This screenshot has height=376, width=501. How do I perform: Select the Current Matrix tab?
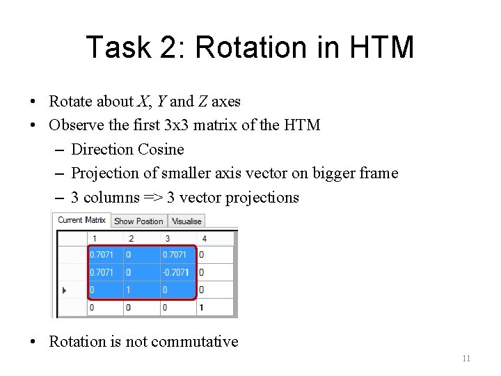point(81,220)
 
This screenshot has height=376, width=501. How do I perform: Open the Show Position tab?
point(138,221)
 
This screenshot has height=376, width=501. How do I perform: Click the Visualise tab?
point(186,221)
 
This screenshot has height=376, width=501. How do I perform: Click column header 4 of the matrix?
point(203,239)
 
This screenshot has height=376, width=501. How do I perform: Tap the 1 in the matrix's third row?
point(129,290)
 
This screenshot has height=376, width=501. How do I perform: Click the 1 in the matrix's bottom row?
point(202,307)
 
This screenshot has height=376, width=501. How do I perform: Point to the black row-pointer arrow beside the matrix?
point(66,290)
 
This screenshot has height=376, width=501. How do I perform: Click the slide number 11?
point(466,359)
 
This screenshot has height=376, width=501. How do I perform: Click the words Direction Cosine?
point(127,149)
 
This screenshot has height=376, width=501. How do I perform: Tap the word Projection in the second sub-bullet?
point(105,173)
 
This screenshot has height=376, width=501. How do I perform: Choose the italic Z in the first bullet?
point(202,102)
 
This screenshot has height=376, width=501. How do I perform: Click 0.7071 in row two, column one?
point(102,272)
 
